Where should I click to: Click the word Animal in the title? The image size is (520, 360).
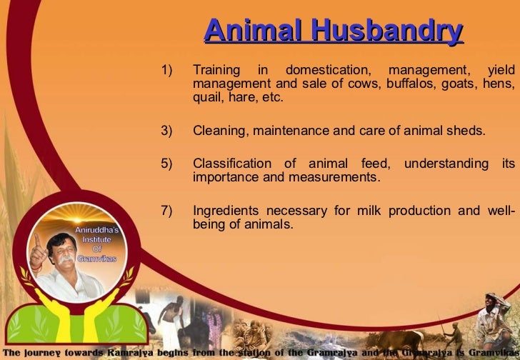tap(244, 31)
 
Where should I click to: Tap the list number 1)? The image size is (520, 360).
tap(167, 71)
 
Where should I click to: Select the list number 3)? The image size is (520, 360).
tap(167, 131)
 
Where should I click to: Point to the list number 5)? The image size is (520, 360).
tap(167, 164)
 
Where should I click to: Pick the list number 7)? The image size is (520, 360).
tap(167, 211)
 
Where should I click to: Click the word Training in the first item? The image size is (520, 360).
tap(216, 71)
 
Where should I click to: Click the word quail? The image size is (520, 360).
tap(206, 98)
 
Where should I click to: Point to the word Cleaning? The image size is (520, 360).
tap(218, 131)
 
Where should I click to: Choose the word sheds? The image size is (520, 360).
tap(469, 131)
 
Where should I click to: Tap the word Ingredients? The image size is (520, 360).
tap(226, 211)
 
